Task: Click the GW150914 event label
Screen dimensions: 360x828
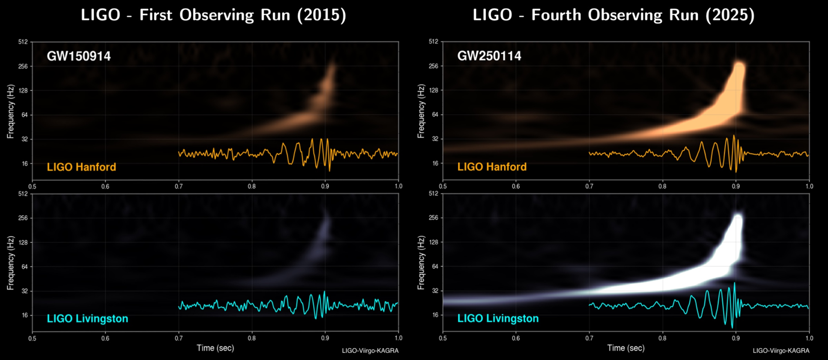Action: [78, 56]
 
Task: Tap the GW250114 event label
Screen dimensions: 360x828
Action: [489, 56]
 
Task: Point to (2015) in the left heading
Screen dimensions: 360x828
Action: [322, 15]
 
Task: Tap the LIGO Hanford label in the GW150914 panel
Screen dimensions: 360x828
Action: [81, 167]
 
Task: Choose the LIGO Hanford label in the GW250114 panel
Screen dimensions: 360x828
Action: [492, 166]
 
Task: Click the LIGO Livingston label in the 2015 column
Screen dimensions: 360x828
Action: [88, 319]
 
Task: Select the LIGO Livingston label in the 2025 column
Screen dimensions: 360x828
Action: [498, 318]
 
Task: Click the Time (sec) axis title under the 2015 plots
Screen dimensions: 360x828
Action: [215, 348]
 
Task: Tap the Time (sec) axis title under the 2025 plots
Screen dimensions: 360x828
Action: [626, 348]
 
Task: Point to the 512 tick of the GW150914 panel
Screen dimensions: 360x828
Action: [23, 42]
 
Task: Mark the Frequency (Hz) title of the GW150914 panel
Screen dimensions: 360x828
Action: [10, 112]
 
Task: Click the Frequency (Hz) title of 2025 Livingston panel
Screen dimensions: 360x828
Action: [421, 263]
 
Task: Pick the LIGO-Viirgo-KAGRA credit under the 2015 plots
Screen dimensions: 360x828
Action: [370, 350]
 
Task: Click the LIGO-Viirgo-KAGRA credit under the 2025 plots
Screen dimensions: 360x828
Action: [781, 350]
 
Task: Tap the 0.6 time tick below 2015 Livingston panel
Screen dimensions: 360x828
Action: [105, 338]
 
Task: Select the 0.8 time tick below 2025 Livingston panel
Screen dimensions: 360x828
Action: [662, 338]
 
